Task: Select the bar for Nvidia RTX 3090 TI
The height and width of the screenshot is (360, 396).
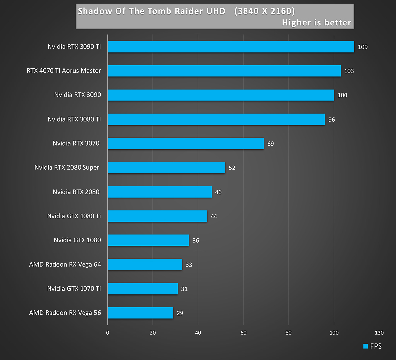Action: (231, 47)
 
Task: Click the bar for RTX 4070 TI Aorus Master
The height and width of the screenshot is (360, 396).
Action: (224, 71)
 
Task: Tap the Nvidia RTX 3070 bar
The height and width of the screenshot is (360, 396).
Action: (185, 143)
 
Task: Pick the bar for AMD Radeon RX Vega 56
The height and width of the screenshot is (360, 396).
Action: (140, 313)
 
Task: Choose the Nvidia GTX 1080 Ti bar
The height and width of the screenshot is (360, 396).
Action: (157, 216)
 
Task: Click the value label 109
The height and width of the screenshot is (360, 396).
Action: (363, 47)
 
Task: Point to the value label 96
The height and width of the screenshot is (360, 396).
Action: (332, 120)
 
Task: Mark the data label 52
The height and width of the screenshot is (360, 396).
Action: (232, 168)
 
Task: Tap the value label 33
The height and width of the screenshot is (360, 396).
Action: (189, 265)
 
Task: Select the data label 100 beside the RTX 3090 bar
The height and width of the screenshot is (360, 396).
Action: (342, 95)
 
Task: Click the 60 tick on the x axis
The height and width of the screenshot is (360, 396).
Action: (243, 333)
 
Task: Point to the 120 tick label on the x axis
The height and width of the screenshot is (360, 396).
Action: (379, 333)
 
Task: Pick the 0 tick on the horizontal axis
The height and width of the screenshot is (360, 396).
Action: (108, 333)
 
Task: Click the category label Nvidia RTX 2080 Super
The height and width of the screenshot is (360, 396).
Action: (67, 167)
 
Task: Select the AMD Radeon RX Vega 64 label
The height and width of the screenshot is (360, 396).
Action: (65, 264)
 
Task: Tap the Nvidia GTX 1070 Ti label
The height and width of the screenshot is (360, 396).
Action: (74, 288)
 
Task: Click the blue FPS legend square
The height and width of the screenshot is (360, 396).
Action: (365, 346)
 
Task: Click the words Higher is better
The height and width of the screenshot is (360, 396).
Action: (316, 23)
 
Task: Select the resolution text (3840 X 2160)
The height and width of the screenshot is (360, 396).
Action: (264, 11)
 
